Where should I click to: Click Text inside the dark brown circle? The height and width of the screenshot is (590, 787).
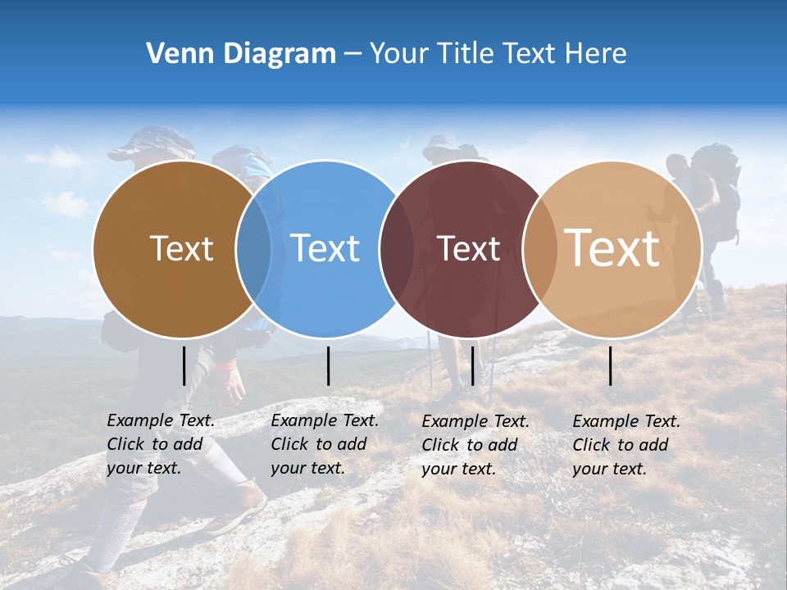tap(181, 248)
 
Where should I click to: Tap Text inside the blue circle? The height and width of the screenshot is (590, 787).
tap(325, 248)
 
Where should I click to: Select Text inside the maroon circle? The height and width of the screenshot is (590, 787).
tap(468, 248)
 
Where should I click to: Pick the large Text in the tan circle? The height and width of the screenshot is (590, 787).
tap(612, 247)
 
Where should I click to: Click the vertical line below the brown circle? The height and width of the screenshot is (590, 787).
tap(184, 365)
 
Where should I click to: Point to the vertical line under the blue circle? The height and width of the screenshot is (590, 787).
tap(328, 365)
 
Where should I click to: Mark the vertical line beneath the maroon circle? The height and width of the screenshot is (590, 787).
tap(472, 365)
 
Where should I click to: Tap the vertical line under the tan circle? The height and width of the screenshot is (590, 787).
tap(611, 365)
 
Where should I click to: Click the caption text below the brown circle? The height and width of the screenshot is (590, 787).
tap(161, 444)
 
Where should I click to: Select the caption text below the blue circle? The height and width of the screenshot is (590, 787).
tap(325, 444)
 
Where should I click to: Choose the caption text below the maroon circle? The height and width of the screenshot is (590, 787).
tap(475, 445)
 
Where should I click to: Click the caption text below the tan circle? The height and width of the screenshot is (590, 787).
tap(626, 445)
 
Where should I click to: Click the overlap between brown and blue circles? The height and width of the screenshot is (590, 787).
tap(253, 249)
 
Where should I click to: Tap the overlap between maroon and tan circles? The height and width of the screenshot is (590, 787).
tap(540, 249)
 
